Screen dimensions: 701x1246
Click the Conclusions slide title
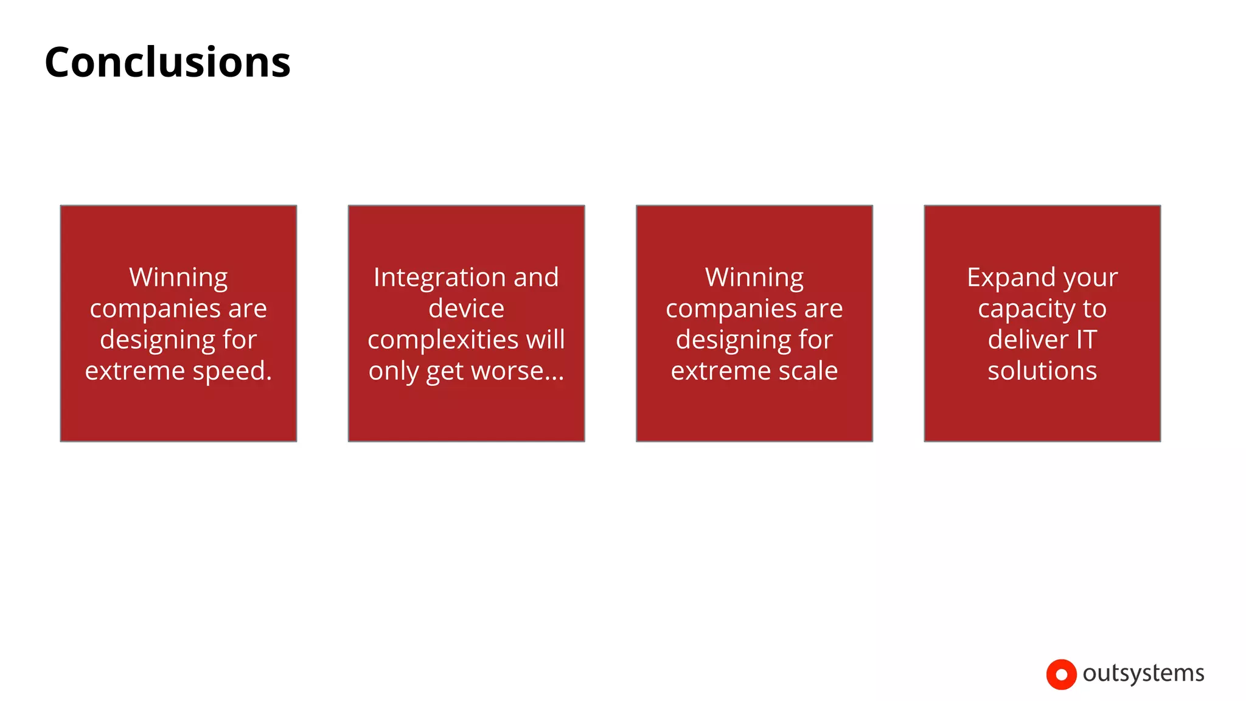point(167,63)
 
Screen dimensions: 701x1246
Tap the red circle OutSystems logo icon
point(1061,674)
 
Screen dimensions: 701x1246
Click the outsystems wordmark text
point(1143,673)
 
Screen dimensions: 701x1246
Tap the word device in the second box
point(466,309)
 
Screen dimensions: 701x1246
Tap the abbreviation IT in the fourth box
point(1086,340)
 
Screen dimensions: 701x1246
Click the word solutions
point(1042,371)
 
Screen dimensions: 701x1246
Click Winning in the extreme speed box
point(178,278)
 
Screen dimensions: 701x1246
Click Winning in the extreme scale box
point(754,278)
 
